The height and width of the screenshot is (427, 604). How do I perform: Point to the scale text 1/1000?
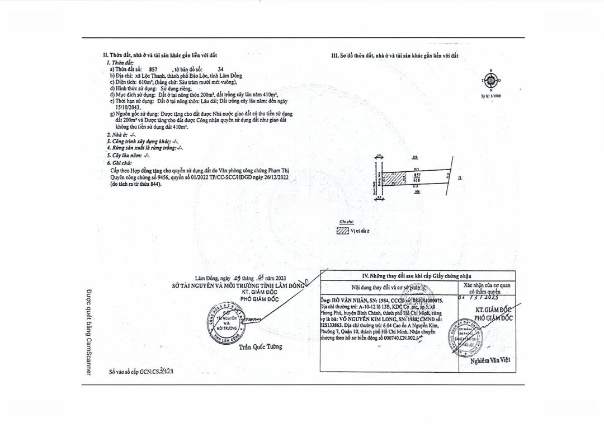492,96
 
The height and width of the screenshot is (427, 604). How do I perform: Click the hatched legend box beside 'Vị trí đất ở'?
342,230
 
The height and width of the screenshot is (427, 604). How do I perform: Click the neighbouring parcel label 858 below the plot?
417,192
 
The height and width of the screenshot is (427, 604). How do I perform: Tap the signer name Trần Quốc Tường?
260,347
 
